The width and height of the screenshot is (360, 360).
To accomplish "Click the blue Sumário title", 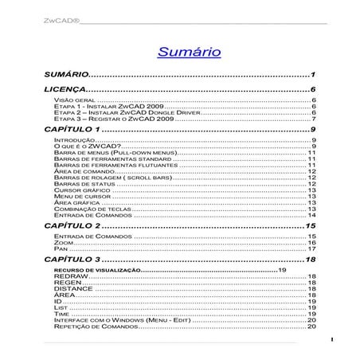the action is [189, 52].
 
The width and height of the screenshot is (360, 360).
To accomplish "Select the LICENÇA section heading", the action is [64, 90].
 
